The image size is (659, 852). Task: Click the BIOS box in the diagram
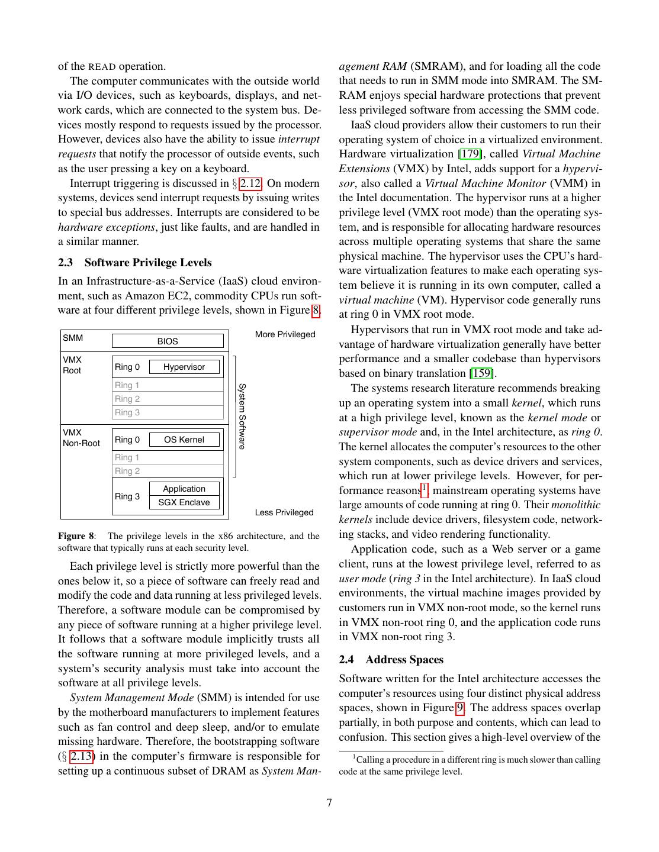[168, 341]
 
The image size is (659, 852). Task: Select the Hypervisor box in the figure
[184, 367]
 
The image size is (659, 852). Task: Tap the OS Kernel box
[184, 440]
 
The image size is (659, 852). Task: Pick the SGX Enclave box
[184, 502]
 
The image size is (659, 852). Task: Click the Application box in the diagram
[184, 489]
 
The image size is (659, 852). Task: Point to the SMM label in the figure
[73, 338]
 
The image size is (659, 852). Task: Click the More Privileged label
[285, 334]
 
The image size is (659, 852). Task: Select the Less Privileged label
[284, 512]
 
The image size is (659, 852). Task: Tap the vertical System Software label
[242, 416]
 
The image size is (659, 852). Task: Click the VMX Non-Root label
[81, 438]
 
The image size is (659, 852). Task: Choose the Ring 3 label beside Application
[127, 496]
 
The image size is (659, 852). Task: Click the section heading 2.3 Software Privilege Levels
[134, 262]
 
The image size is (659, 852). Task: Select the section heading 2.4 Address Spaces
[391, 659]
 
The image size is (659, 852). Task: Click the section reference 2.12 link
[250, 183]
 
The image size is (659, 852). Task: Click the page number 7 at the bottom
[329, 803]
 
